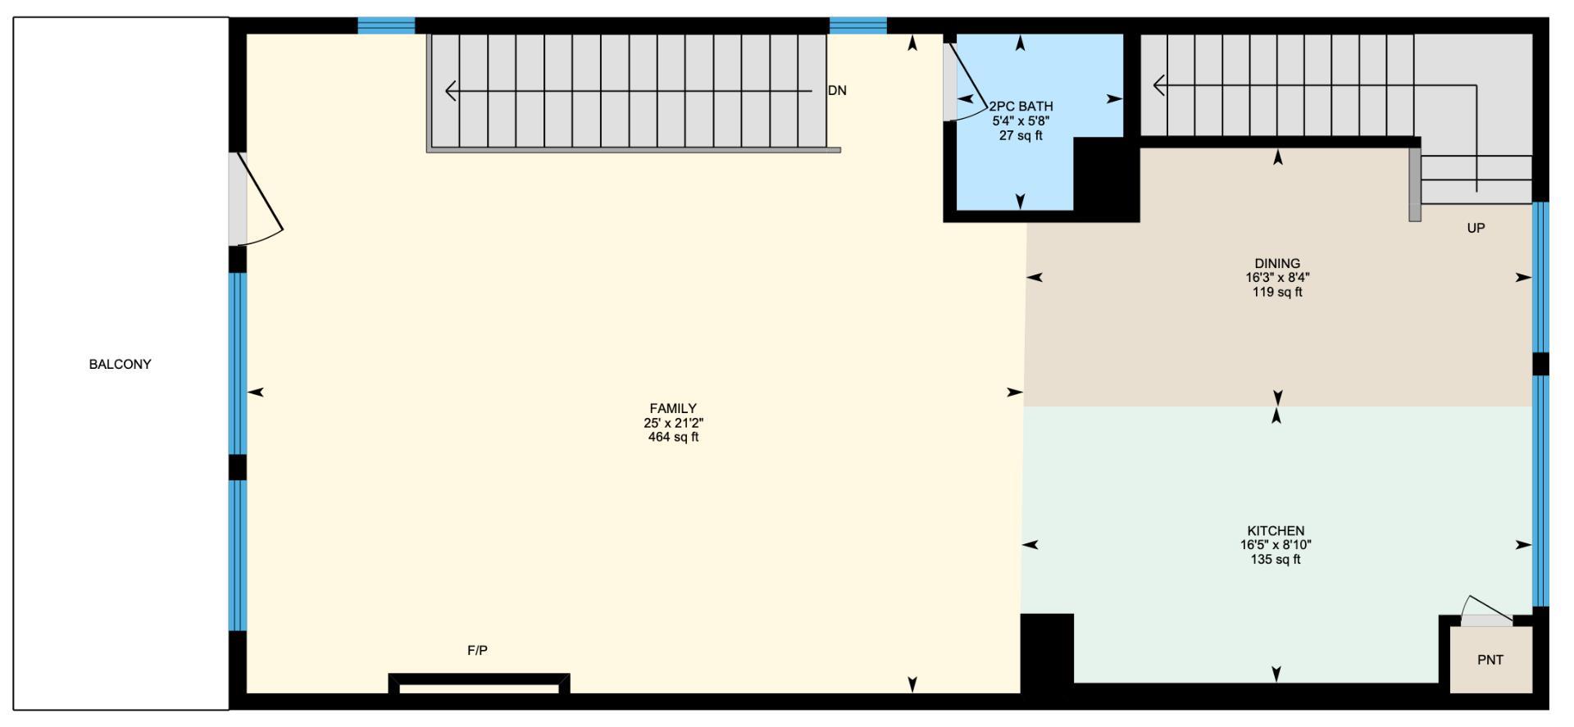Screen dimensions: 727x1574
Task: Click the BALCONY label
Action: click(x=120, y=364)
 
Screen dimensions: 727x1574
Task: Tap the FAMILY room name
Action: click(x=673, y=408)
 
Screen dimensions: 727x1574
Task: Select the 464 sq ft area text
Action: click(x=673, y=438)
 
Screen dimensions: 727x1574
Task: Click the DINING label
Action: click(x=1277, y=263)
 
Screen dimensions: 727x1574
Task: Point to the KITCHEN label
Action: click(x=1276, y=530)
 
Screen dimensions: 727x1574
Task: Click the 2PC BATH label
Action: click(x=1021, y=107)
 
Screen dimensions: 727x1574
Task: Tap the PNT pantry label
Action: click(x=1490, y=660)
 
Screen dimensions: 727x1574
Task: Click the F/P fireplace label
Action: click(x=477, y=651)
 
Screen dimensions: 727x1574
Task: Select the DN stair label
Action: click(x=837, y=91)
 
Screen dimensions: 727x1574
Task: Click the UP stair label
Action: click(x=1476, y=228)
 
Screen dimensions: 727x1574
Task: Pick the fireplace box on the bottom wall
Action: click(x=479, y=684)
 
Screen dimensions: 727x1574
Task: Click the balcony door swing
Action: click(x=261, y=201)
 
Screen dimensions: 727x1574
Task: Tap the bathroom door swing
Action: click(x=966, y=82)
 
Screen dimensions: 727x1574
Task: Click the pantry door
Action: click(x=1487, y=612)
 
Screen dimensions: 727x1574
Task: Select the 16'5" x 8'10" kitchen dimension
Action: click(x=1276, y=545)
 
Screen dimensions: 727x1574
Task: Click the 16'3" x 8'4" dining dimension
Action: click(x=1277, y=278)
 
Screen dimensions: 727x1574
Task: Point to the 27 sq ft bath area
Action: click(x=1021, y=136)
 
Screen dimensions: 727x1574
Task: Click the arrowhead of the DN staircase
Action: click(x=450, y=91)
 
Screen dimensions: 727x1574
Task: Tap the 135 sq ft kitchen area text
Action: click(x=1276, y=560)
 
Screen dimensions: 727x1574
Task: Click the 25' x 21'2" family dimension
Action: click(x=673, y=423)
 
